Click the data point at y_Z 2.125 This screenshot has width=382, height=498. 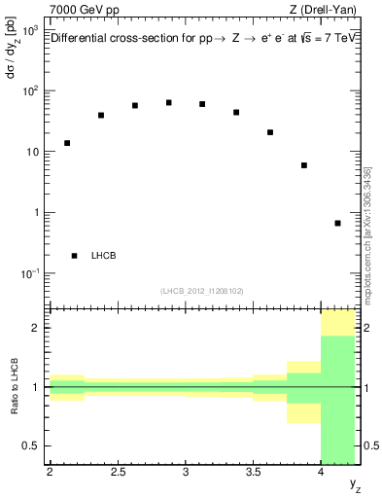pos(67,143)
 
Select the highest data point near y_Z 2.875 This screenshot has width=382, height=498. pos(169,102)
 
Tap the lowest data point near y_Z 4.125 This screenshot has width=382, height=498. pos(337,223)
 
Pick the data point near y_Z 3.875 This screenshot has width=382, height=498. pos(304,165)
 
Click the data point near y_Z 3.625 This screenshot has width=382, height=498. pos(270,132)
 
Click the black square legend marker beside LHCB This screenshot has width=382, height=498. pos(75,256)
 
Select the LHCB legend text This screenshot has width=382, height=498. pos(103,256)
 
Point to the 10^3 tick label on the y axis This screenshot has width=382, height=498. pos(29,31)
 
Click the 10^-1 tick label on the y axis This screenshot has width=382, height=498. pos(29,273)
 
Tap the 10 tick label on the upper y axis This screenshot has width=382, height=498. pos(32,153)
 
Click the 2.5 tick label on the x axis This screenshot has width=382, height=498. pos(118,474)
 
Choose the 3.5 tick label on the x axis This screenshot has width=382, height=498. pos(254,474)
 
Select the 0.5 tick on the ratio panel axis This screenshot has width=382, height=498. pos(34,445)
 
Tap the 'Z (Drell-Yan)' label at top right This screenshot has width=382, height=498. pos(327,10)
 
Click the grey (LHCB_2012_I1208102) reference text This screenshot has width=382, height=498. pos(203,291)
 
